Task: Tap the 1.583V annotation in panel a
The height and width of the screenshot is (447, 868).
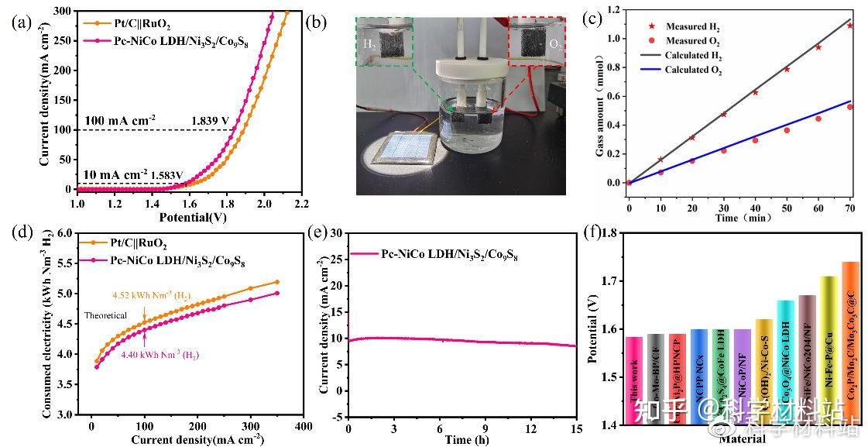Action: [x=167, y=175]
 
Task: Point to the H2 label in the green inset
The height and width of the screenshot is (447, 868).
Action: [x=369, y=45]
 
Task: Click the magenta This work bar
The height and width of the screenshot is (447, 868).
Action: [x=633, y=380]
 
